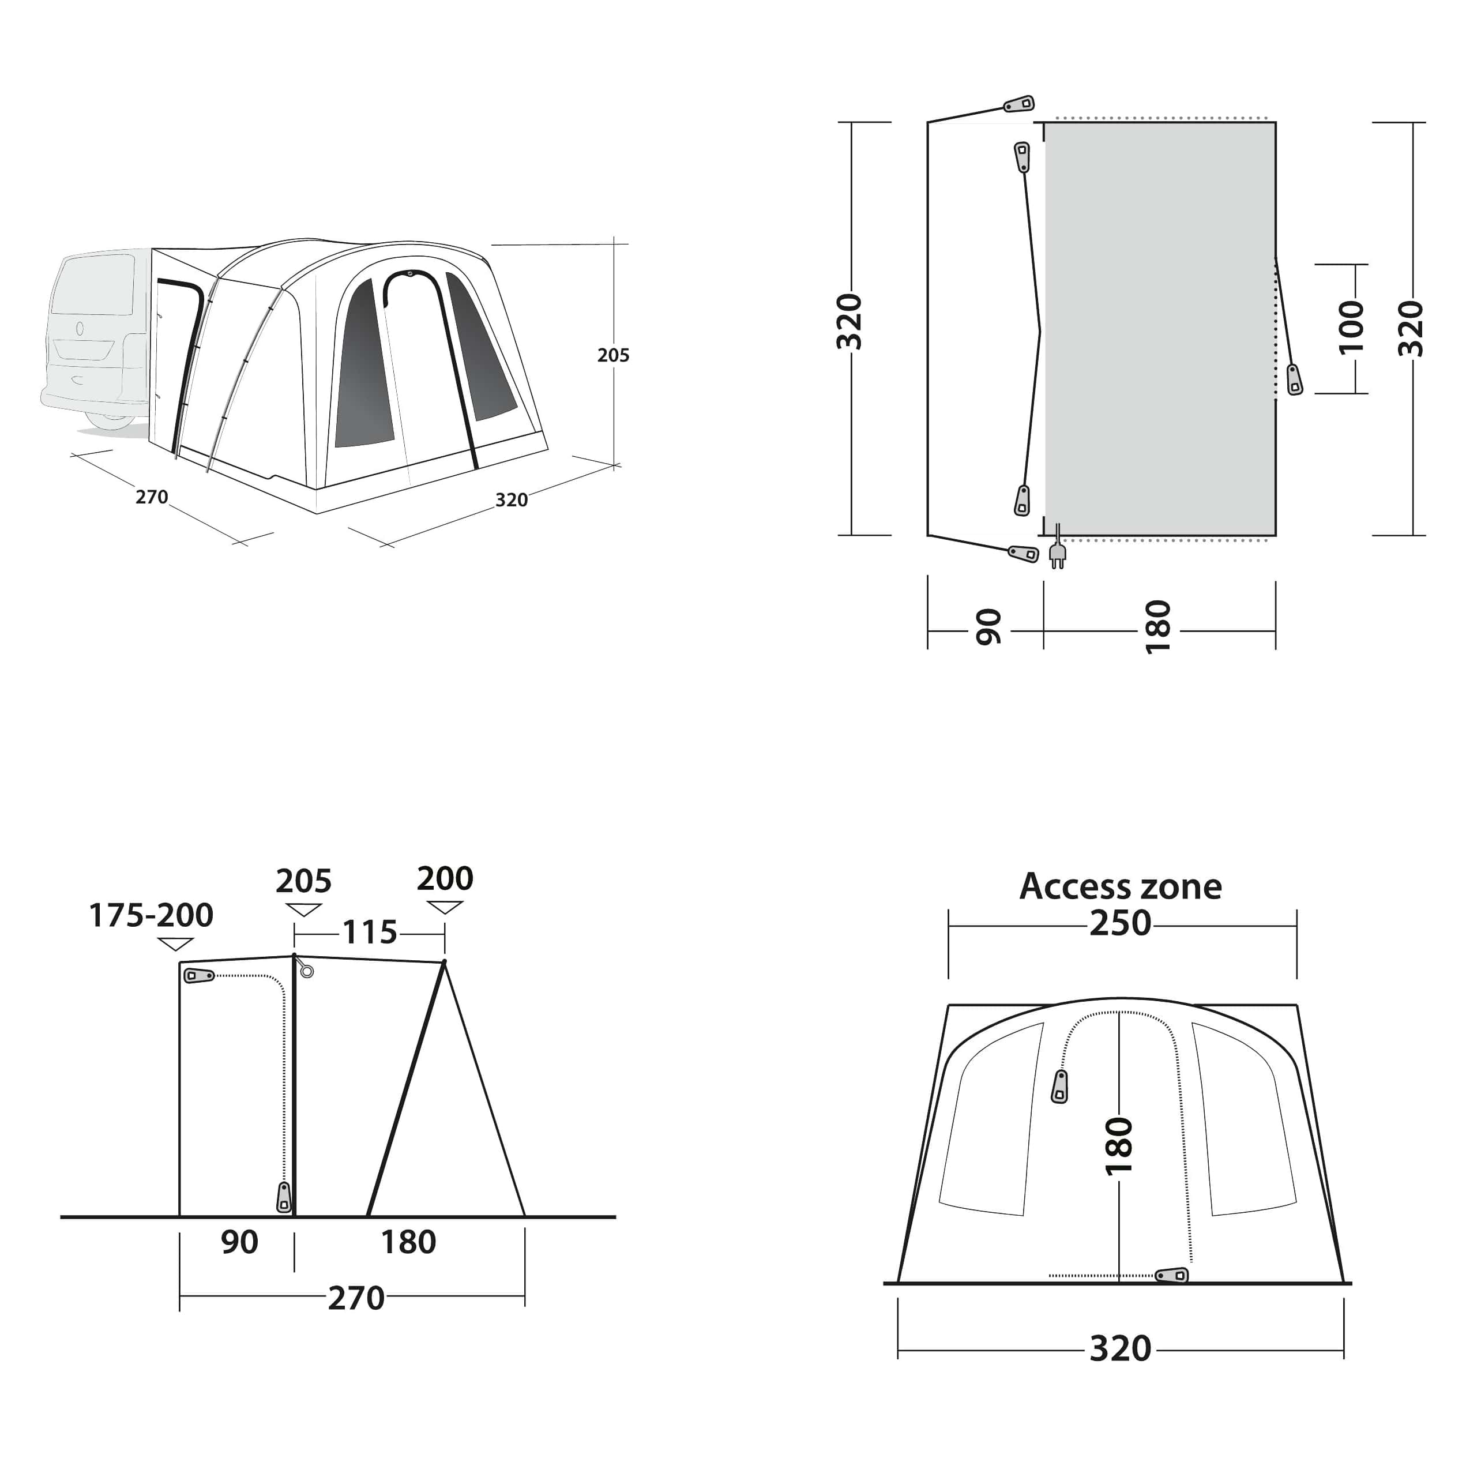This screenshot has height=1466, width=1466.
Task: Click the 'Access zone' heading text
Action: coord(1120,886)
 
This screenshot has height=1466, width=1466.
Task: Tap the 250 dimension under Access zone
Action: coord(1120,923)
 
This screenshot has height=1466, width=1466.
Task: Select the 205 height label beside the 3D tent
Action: coord(613,355)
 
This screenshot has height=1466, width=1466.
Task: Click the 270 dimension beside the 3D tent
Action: coord(152,497)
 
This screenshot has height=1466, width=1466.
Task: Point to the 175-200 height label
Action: coord(151,915)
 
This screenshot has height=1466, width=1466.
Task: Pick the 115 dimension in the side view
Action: coord(370,933)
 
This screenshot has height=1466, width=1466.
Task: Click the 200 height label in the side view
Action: coord(445,879)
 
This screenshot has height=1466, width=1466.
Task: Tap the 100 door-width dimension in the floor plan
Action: coord(1351,327)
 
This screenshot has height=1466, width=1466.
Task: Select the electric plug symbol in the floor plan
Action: coord(1057,552)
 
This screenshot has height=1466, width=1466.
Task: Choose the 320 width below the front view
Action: coord(1120,1348)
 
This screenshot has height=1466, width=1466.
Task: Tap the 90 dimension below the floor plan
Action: coord(988,627)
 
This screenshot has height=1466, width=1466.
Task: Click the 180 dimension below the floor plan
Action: coord(1159,627)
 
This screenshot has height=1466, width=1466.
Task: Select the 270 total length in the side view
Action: coord(356,1298)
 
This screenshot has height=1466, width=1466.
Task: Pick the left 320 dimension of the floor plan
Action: coord(850,322)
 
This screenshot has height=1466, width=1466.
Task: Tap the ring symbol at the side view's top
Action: coord(307,971)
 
